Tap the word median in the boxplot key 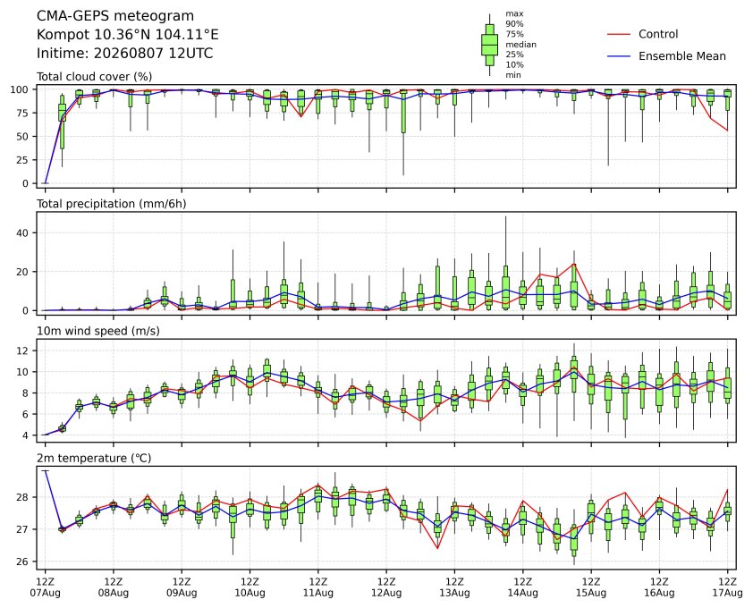520,44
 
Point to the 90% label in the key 514,23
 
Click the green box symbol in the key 489,45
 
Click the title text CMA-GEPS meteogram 115,16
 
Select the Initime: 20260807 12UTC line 125,53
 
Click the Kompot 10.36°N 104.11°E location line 128,35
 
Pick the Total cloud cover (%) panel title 95,77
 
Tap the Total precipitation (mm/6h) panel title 112,204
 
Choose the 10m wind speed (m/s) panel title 98,331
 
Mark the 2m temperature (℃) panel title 94,458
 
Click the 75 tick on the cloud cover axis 23,113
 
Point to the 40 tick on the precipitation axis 23,233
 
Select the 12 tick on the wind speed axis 23,350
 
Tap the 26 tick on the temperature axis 23,562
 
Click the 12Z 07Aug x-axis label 45,587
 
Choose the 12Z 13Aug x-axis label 454,587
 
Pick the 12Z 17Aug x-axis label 728,587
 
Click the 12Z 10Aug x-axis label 250,587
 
